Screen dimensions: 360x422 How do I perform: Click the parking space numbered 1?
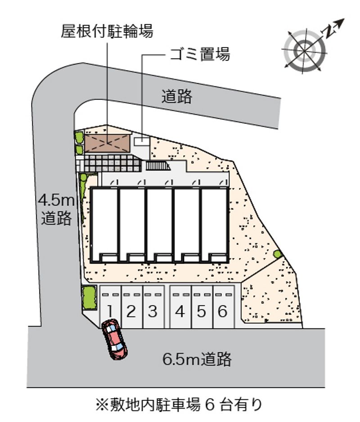click(111, 307)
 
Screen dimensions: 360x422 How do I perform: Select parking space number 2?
click(132, 307)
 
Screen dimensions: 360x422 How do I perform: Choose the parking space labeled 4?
click(180, 307)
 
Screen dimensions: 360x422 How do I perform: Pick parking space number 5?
click(202, 307)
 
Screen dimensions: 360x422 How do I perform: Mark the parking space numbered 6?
click(224, 307)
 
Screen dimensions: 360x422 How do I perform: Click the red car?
click(115, 339)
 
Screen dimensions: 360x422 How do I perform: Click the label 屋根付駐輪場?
click(107, 31)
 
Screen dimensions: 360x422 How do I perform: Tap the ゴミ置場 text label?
click(199, 54)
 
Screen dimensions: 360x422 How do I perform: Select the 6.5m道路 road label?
click(197, 359)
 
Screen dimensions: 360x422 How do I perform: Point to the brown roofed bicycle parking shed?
click(108, 144)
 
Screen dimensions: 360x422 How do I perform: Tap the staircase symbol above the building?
click(158, 165)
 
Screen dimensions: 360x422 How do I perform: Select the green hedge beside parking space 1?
click(89, 298)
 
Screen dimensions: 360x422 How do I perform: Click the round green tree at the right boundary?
click(277, 254)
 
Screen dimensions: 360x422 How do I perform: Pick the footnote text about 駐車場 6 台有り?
click(179, 405)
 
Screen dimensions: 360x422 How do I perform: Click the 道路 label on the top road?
click(177, 97)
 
